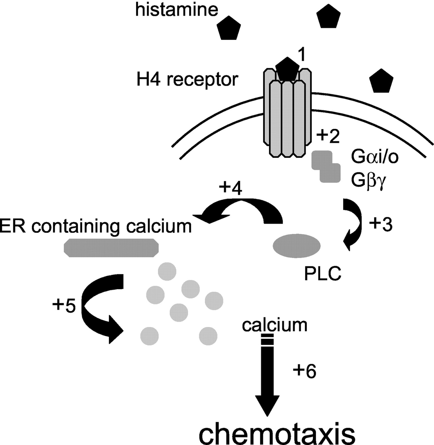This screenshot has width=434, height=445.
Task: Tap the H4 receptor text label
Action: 187,80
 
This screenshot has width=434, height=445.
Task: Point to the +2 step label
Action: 328,137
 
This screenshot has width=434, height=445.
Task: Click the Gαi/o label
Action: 375,158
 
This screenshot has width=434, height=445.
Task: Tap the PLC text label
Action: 323,274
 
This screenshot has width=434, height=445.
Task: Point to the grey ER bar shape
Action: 111,248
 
